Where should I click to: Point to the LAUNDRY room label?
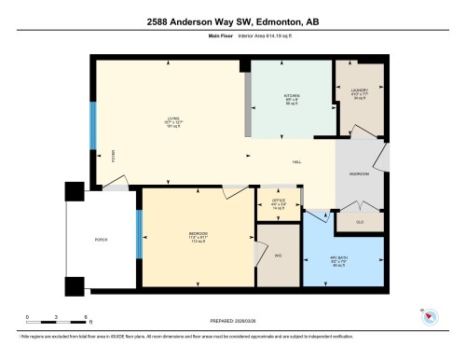[x=360, y=90]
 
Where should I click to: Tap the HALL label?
[x=296, y=162]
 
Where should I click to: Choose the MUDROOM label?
[x=359, y=174]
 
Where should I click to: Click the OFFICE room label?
[x=278, y=201]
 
